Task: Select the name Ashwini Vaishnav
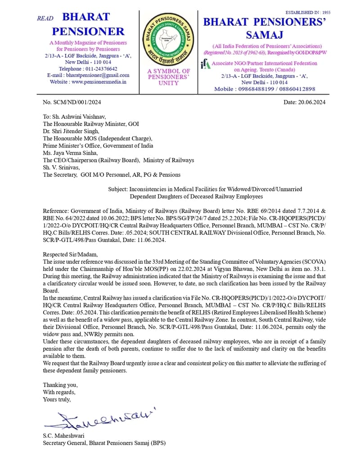[82, 117]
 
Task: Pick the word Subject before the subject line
[119, 189]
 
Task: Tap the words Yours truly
[57, 399]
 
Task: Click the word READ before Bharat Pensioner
[45, 18]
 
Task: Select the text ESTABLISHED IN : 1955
[308, 13]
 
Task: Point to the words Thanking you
[60, 385]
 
